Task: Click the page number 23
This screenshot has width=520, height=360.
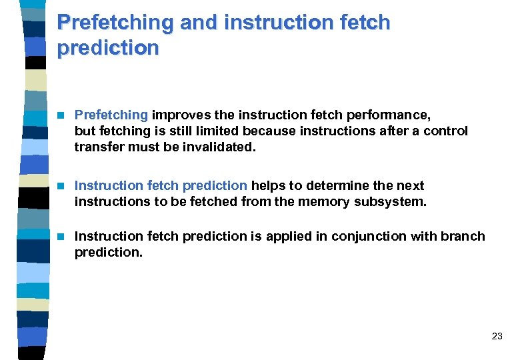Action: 497,337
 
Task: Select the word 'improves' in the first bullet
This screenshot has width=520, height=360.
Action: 177,115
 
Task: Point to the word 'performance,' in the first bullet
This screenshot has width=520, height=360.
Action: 393,115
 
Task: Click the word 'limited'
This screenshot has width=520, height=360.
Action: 205,131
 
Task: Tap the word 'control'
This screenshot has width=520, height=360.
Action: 446,131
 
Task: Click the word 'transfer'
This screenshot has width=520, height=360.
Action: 97,147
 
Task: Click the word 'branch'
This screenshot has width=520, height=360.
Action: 463,236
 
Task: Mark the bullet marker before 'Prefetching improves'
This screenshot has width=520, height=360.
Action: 62,115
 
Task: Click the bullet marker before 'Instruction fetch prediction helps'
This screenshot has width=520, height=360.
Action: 62,185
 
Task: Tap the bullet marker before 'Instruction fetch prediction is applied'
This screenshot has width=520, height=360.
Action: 62,236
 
